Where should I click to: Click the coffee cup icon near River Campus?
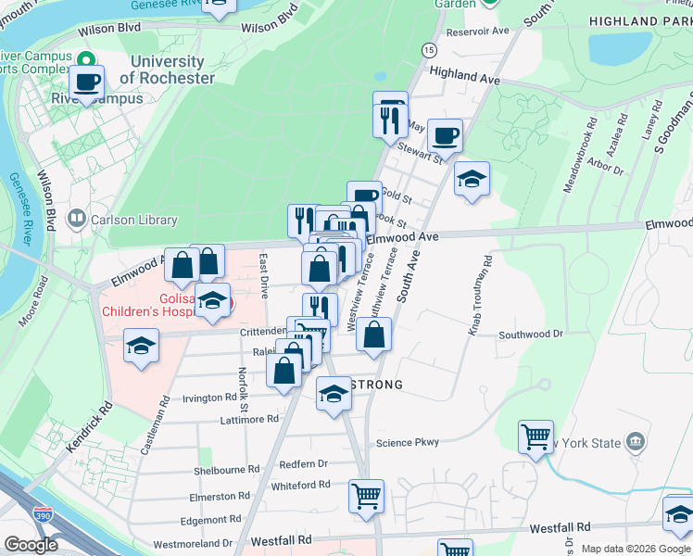click(87, 82)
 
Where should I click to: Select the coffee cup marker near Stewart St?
click(445, 136)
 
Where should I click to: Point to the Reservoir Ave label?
click(478, 31)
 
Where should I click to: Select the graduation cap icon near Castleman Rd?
click(141, 347)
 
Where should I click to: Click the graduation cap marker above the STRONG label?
click(334, 396)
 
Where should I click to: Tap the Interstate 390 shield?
click(43, 512)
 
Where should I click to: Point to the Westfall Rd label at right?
click(560, 527)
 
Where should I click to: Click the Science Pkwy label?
click(407, 443)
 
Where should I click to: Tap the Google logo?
click(31, 545)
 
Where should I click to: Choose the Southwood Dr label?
click(531, 334)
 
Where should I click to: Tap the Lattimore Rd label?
click(247, 419)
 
